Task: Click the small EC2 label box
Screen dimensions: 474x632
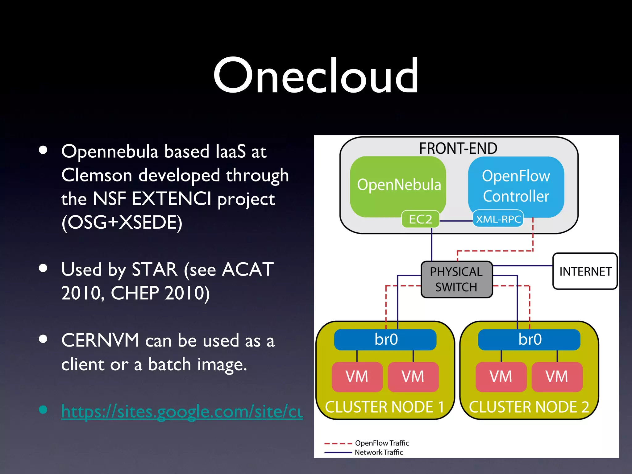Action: pyautogui.click(x=420, y=219)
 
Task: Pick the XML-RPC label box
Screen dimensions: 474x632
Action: pyautogui.click(x=498, y=219)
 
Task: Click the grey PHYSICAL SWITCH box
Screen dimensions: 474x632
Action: pyautogui.click(x=456, y=279)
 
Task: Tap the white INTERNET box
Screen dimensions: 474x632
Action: pyautogui.click(x=585, y=271)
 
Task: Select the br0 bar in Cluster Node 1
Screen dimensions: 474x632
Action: pyautogui.click(x=385, y=339)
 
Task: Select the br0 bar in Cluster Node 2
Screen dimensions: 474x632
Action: pyautogui.click(x=529, y=339)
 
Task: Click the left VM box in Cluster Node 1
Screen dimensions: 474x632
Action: pyautogui.click(x=357, y=376)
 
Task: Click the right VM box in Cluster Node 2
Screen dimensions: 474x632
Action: pyautogui.click(x=557, y=376)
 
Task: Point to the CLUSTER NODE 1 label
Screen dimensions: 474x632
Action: pyautogui.click(x=384, y=407)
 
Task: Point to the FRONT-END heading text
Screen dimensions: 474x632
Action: pyautogui.click(x=458, y=148)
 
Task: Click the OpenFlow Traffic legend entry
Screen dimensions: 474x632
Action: pyautogui.click(x=381, y=443)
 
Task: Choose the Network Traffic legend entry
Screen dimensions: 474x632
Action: pyautogui.click(x=378, y=452)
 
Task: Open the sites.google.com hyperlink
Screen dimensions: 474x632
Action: pyautogui.click(x=182, y=411)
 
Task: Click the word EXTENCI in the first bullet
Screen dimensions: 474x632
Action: pyautogui.click(x=172, y=198)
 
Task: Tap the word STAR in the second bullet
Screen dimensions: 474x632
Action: pyautogui.click(x=154, y=269)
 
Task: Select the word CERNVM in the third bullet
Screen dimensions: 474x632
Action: pyautogui.click(x=100, y=340)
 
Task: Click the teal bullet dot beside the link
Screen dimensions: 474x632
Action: pyautogui.click(x=43, y=410)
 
